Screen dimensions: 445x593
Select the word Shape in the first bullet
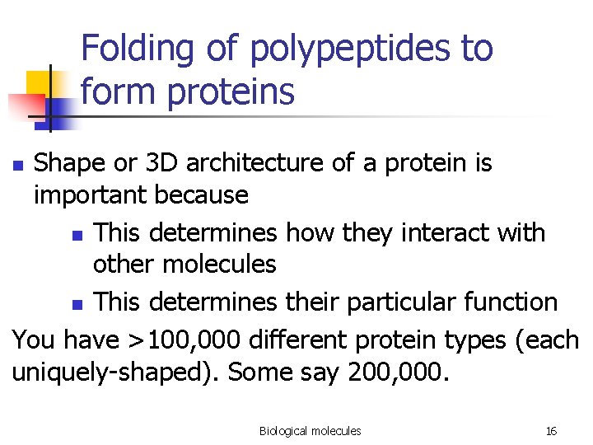70,163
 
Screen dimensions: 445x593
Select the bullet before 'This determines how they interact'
77,235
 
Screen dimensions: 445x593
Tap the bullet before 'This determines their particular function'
77,304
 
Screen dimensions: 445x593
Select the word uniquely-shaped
115,372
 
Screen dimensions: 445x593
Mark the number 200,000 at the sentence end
399,372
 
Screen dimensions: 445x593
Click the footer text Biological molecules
310,431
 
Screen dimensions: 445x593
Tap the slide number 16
551,431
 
